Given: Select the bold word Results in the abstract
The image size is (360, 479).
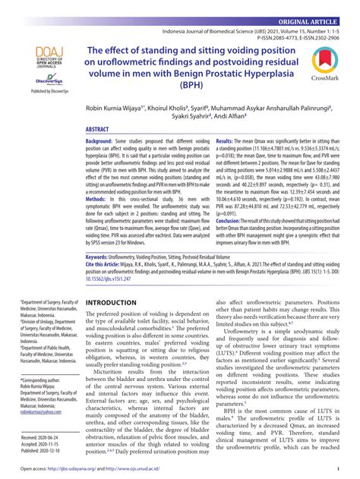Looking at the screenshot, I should [x=227, y=142].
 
